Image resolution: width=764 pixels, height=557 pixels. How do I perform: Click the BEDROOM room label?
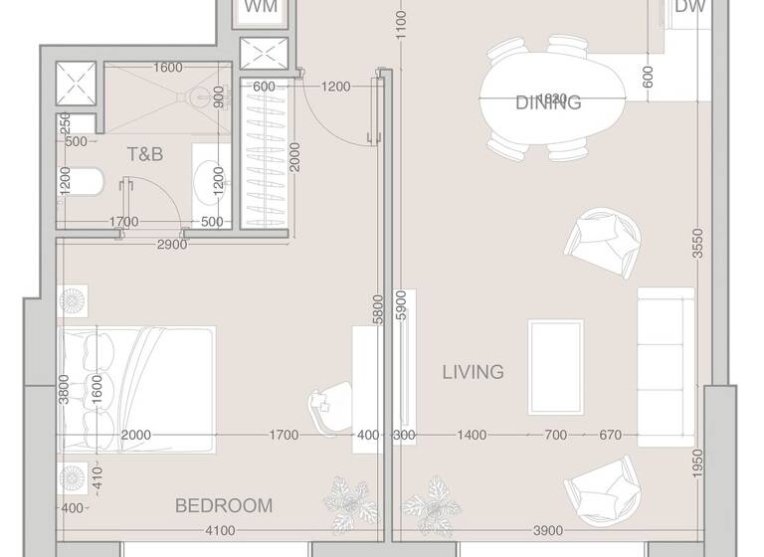click(223, 506)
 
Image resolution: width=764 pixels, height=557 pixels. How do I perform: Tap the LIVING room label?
click(473, 372)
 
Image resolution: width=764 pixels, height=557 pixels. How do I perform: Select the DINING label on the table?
click(548, 102)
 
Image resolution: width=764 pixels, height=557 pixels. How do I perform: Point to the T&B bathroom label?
click(144, 154)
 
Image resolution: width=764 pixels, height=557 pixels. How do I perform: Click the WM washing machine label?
click(261, 8)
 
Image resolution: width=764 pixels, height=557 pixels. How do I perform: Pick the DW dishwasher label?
click(690, 8)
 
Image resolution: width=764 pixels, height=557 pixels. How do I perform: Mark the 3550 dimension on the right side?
click(698, 245)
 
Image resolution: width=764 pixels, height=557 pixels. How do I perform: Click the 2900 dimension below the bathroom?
click(171, 245)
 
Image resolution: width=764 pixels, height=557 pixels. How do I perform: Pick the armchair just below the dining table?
click(602, 244)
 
